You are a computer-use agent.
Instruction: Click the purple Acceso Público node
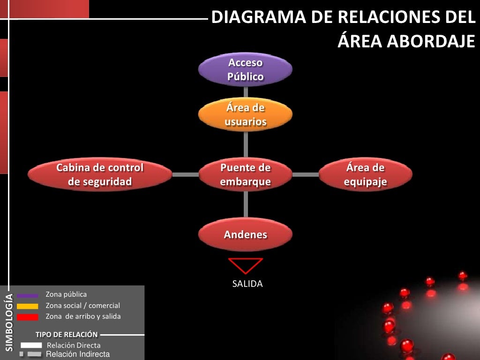(x=245, y=69)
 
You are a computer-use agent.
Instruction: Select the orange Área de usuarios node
(x=245, y=114)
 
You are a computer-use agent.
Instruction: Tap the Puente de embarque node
(x=245, y=174)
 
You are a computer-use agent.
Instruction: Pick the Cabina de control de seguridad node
(x=100, y=174)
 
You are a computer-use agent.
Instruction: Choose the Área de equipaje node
(x=366, y=174)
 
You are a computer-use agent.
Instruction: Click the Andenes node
(x=245, y=234)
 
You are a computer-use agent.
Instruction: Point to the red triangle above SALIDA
(x=246, y=265)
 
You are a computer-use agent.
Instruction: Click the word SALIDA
(x=247, y=284)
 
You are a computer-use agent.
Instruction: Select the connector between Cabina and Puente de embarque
(x=185, y=174)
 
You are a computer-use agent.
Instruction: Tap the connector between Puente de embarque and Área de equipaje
(x=305, y=174)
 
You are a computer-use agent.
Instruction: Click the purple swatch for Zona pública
(x=28, y=296)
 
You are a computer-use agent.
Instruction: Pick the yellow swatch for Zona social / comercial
(x=28, y=307)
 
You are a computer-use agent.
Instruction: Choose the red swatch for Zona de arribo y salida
(x=28, y=317)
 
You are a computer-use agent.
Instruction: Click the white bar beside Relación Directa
(x=31, y=345)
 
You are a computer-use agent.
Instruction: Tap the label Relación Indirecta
(x=77, y=354)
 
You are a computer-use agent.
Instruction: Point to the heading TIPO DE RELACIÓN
(x=67, y=335)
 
